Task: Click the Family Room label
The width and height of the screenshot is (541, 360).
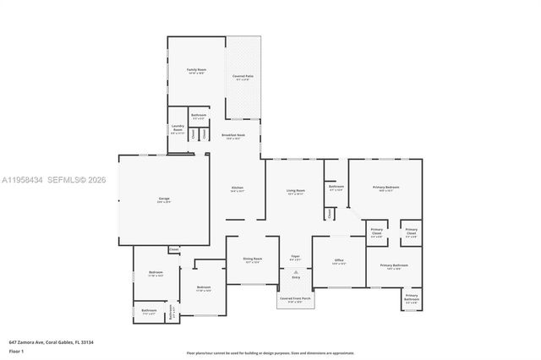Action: [x=196, y=70]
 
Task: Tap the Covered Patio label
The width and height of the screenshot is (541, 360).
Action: [x=243, y=76]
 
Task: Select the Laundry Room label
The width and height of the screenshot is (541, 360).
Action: [x=178, y=129]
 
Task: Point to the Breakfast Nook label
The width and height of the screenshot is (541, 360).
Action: [x=233, y=135]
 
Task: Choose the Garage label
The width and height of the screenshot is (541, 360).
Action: [x=163, y=199]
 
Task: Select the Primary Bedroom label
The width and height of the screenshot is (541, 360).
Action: [x=385, y=188]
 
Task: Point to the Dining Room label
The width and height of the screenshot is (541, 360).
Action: [x=253, y=259]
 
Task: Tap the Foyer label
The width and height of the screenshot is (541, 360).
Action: [x=296, y=256]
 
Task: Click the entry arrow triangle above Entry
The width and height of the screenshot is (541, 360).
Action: [x=296, y=271]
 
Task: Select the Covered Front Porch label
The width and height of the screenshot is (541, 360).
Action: [x=295, y=298]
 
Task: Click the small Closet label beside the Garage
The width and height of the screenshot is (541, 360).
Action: [x=173, y=248]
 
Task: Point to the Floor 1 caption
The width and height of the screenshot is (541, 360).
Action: [x=17, y=350]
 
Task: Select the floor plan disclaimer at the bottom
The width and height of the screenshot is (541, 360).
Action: [x=270, y=352]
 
